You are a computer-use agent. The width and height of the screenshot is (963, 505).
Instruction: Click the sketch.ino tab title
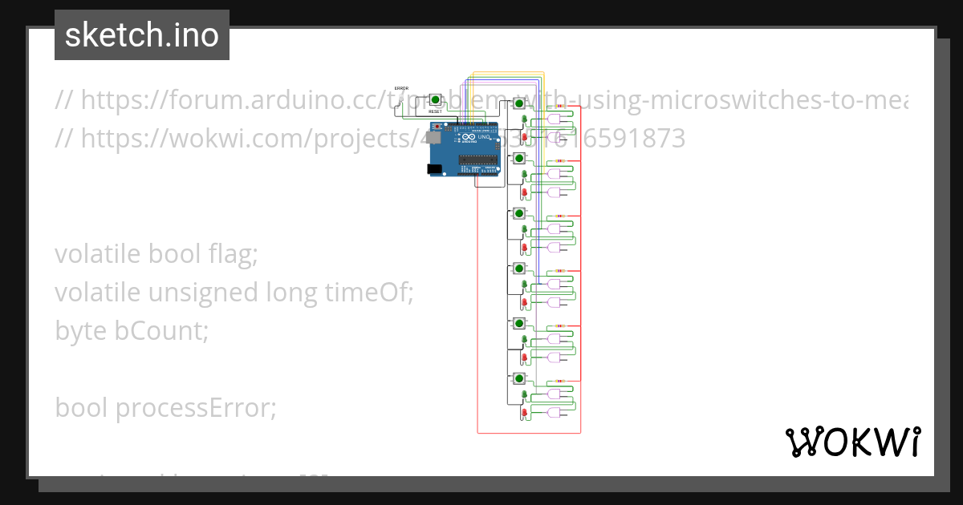pyautogui.click(x=142, y=35)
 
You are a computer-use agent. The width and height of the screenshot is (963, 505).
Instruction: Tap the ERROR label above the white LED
pyautogui.click(x=401, y=88)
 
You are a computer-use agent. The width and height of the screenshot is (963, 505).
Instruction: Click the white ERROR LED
pyautogui.click(x=401, y=98)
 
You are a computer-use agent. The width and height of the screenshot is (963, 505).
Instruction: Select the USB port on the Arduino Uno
pyautogui.click(x=433, y=137)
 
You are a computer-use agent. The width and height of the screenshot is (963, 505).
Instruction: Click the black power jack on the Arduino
pyautogui.click(x=434, y=169)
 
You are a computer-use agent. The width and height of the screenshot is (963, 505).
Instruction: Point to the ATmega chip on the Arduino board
pyautogui.click(x=478, y=160)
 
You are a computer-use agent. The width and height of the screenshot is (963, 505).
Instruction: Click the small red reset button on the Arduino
pyautogui.click(x=437, y=127)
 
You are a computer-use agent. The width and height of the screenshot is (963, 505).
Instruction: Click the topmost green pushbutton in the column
pyautogui.click(x=519, y=103)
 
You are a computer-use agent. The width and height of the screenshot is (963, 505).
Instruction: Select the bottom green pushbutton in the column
pyautogui.click(x=519, y=378)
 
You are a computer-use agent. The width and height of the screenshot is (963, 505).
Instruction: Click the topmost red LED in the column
pyautogui.click(x=524, y=137)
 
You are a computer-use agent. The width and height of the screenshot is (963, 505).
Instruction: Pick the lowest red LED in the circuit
pyautogui.click(x=524, y=413)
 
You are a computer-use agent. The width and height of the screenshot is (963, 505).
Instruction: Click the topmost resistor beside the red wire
pyautogui.click(x=559, y=106)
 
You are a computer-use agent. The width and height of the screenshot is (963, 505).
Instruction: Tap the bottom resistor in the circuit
pyautogui.click(x=559, y=381)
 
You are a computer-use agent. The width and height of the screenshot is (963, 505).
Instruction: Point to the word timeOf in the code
pyautogui.click(x=370, y=293)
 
